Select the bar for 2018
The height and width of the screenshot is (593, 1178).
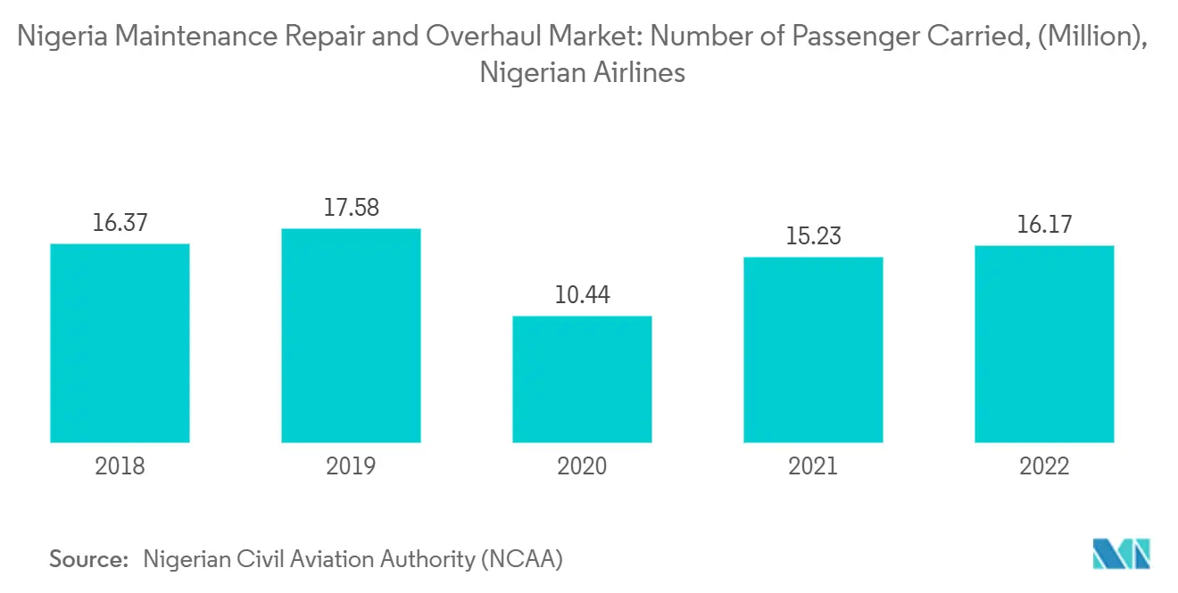[120, 343]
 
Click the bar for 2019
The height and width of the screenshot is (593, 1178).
[351, 335]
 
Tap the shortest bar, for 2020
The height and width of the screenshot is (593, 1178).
[582, 379]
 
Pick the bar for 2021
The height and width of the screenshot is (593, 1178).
[813, 350]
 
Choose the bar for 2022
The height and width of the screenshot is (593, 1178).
[1044, 344]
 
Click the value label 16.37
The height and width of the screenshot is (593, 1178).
[120, 223]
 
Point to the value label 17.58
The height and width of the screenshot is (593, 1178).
[351, 208]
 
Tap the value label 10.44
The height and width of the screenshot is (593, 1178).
[582, 295]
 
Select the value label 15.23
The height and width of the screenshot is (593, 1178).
[813, 236]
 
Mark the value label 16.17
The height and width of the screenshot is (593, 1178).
[1044, 224]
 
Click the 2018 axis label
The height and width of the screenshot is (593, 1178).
[120, 466]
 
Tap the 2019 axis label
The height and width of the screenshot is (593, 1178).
[351, 466]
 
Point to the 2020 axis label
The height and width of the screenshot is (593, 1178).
[582, 466]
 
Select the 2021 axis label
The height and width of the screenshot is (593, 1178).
[813, 466]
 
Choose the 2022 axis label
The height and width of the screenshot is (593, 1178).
[1044, 466]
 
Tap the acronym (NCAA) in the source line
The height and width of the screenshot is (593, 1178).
[521, 560]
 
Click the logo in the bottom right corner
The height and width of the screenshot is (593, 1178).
[1122, 554]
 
